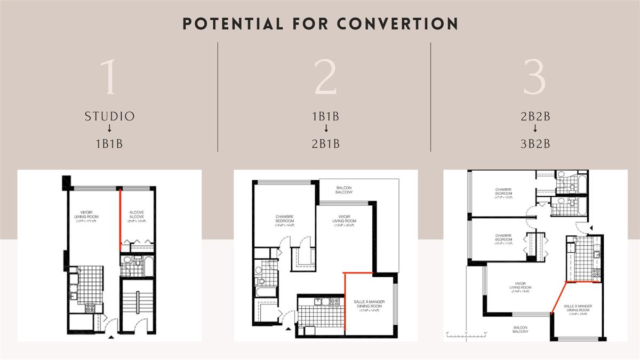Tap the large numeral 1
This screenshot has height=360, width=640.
point(109,77)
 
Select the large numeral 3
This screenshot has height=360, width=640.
point(535,77)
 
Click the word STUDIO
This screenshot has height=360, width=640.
point(109,116)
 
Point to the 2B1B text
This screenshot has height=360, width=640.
point(325,143)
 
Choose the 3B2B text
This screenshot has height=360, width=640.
point(535,143)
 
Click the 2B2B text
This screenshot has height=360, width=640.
point(535,116)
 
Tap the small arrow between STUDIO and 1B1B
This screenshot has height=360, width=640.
point(109,129)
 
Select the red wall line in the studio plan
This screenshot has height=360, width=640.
point(119,219)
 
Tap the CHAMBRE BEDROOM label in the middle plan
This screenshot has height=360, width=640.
point(285,219)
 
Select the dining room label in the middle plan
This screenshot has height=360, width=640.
point(369,305)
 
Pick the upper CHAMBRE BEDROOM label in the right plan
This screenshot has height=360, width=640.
point(503,192)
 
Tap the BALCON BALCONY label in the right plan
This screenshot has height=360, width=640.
point(521,330)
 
